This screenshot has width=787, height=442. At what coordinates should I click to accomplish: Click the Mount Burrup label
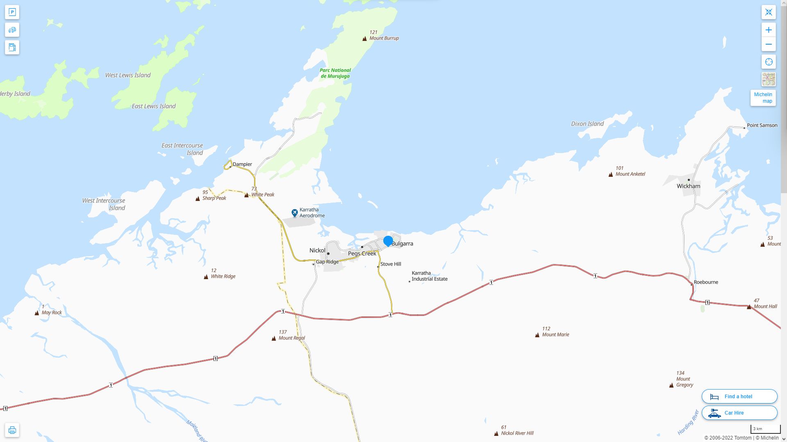[384, 38]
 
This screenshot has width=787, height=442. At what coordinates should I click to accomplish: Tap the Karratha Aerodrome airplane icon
[294, 213]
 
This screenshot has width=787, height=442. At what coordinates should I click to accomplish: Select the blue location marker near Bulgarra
[388, 241]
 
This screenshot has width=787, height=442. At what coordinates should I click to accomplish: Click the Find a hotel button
[739, 396]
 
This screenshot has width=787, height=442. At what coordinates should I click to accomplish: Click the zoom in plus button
[769, 30]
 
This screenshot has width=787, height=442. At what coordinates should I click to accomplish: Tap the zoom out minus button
[769, 44]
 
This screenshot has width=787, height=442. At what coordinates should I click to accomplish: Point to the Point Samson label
[762, 125]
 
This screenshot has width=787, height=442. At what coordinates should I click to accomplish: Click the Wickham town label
[688, 186]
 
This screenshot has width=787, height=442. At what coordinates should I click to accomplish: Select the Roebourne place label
[705, 282]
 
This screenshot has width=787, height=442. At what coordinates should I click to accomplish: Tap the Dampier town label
[242, 164]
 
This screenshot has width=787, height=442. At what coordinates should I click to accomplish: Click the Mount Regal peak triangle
[274, 338]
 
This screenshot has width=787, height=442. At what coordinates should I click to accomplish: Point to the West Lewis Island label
[128, 75]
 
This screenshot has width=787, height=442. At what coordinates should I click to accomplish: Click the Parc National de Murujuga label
[335, 73]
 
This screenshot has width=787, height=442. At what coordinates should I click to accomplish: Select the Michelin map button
[763, 98]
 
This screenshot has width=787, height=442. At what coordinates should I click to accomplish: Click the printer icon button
[12, 430]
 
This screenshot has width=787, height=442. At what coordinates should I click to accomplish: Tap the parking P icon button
[12, 12]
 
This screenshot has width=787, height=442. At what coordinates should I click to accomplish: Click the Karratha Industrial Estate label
[429, 276]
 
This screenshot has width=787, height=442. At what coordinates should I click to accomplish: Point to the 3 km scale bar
[765, 429]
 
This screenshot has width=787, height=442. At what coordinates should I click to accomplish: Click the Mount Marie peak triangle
[537, 335]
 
